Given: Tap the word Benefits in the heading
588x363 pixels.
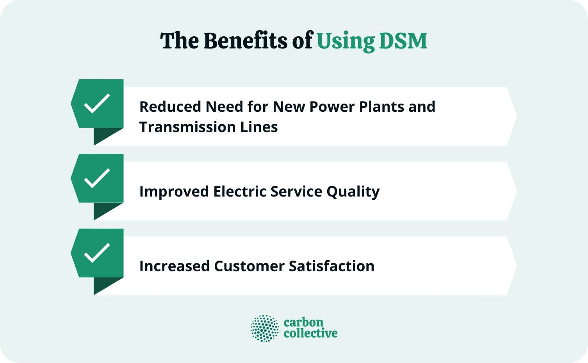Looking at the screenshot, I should click(x=245, y=41).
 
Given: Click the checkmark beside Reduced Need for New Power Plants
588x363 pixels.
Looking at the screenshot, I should click(x=97, y=104).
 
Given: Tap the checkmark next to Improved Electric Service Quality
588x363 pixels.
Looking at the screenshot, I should click(x=97, y=178).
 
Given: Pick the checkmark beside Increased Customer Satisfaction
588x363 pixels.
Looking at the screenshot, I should click(x=97, y=253).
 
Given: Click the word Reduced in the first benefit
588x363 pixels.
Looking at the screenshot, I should click(x=170, y=107).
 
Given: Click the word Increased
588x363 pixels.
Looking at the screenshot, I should click(x=174, y=266).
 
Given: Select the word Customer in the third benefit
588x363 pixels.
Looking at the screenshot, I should click(x=249, y=266).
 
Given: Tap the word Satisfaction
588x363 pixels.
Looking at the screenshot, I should click(x=331, y=266).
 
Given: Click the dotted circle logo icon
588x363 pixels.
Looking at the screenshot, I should click(x=265, y=328).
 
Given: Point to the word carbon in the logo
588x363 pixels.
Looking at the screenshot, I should click(x=303, y=322).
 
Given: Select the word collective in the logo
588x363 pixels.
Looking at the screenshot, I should click(x=310, y=333).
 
